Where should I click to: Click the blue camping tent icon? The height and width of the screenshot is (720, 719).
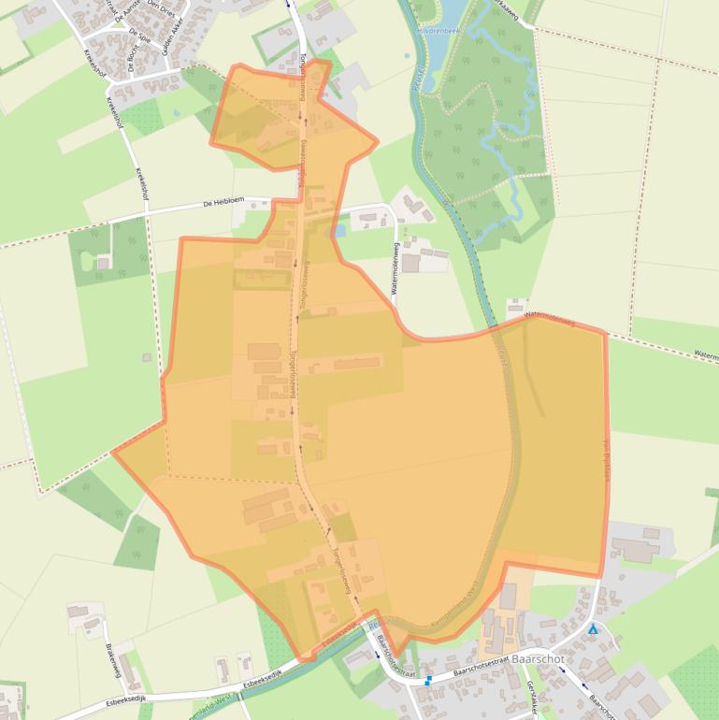pyautogui.click(x=592, y=629)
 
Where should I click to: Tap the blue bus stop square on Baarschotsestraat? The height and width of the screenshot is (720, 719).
pyautogui.click(x=428, y=681)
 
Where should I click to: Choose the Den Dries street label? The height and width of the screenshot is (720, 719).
pyautogui.click(x=175, y=7)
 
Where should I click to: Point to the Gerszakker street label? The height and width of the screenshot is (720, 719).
pyautogui.click(x=530, y=696)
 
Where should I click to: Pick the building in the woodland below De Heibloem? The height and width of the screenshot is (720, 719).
pyautogui.click(x=103, y=262)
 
